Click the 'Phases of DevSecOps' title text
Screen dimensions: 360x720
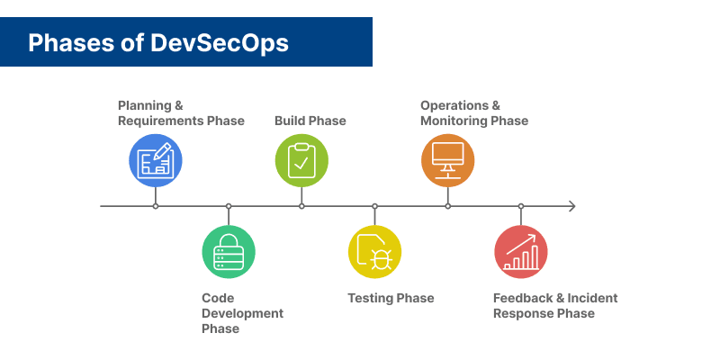158,42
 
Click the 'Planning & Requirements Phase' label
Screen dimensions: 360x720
181,113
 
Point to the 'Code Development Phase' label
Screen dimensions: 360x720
242,313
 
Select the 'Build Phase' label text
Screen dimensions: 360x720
310,121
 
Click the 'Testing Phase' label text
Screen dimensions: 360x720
391,298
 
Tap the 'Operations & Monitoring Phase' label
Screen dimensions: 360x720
473,113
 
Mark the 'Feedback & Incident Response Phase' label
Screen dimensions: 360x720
555,306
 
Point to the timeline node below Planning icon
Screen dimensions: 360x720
156,206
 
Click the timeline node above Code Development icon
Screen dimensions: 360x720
229,206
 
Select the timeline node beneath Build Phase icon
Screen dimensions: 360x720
301,206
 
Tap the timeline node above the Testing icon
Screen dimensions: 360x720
374,206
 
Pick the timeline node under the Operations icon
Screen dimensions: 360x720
447,206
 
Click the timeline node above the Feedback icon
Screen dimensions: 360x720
521,206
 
